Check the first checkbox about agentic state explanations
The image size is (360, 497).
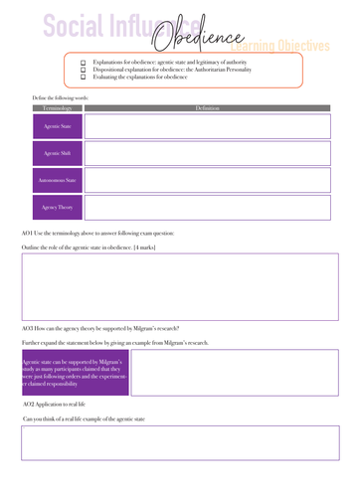[x=83, y=62]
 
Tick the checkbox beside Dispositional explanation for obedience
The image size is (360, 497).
[x=83, y=70]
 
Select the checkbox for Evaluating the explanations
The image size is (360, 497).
[x=83, y=78]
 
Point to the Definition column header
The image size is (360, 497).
[x=209, y=107]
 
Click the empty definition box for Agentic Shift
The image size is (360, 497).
[x=211, y=154]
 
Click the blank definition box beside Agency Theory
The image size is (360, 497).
[x=211, y=208]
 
